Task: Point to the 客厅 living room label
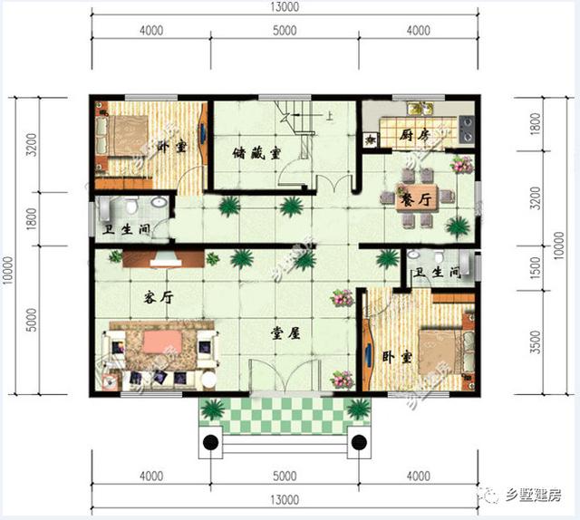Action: (158, 297)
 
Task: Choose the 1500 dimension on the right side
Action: (535, 267)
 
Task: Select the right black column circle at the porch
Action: (359, 443)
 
